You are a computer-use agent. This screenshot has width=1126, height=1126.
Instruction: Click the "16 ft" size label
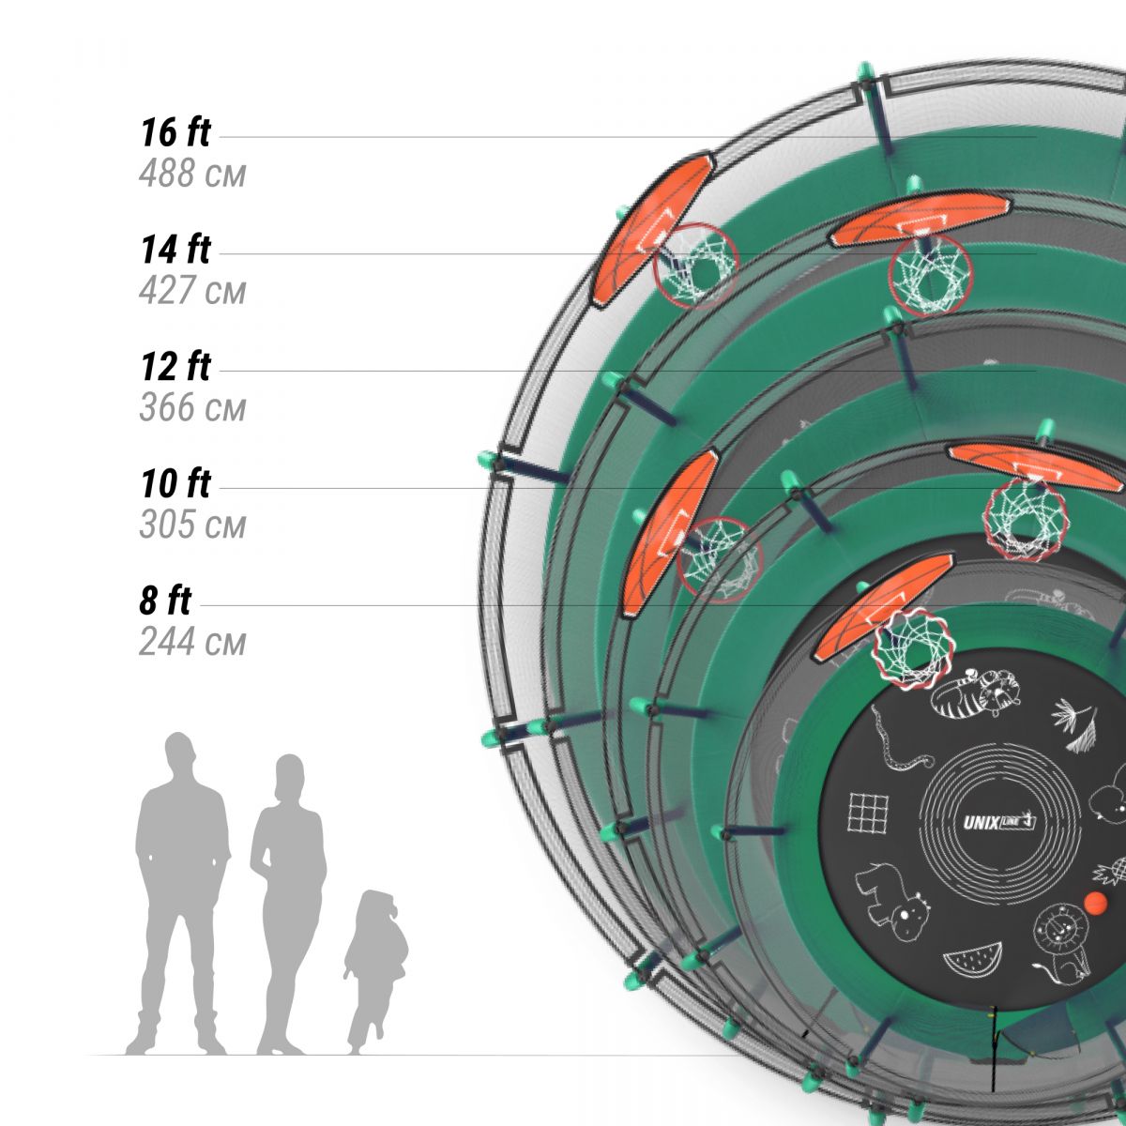(175, 132)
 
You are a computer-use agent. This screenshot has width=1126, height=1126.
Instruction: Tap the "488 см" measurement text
(192, 174)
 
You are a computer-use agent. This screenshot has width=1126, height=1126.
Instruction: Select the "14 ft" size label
(175, 250)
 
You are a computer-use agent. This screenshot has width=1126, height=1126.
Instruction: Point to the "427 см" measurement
(192, 290)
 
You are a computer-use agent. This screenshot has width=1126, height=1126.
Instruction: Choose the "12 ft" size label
(175, 366)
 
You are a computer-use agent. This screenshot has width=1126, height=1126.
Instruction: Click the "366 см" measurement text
(192, 407)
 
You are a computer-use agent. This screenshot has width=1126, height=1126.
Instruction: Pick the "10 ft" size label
(175, 484)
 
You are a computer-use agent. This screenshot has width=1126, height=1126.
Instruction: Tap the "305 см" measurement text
(192, 525)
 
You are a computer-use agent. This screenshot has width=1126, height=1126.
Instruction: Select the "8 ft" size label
(165, 601)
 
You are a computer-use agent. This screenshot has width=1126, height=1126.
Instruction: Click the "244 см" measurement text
(192, 642)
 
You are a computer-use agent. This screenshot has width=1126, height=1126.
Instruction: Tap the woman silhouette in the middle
(288, 905)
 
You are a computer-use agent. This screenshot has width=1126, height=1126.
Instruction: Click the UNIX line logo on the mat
(999, 823)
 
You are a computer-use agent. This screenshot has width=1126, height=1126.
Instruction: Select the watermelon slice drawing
(972, 960)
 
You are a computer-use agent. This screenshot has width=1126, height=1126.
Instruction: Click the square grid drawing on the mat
(868, 813)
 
